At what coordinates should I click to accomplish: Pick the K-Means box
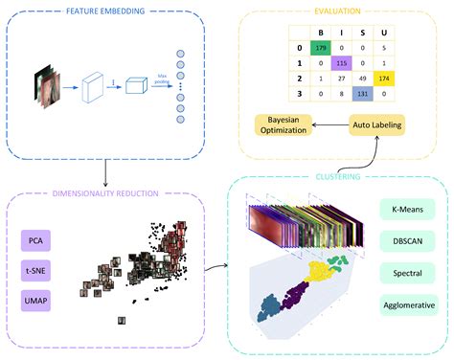pos(403,208)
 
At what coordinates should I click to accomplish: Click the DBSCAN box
pos(403,240)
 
